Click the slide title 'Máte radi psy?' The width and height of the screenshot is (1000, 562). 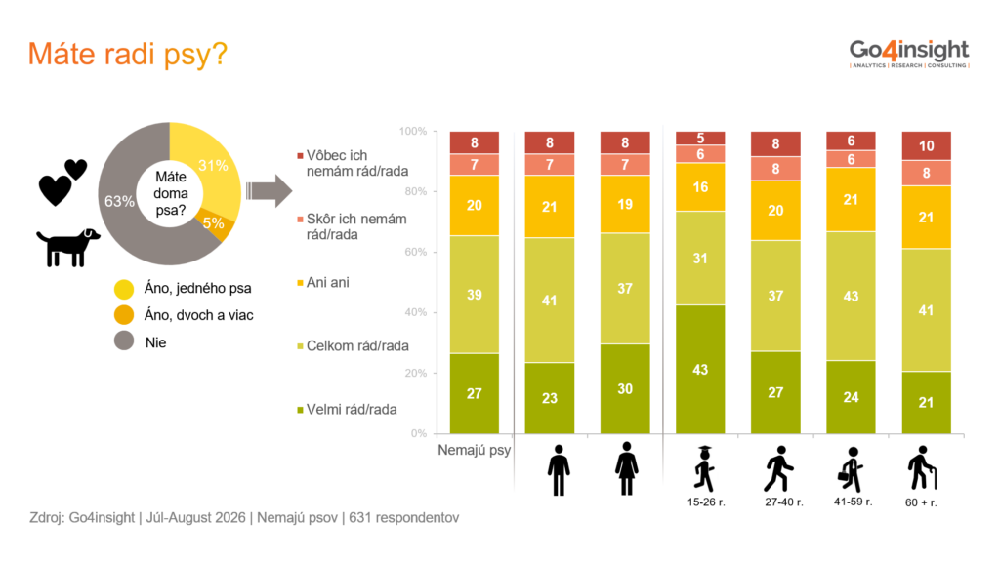(x=128, y=55)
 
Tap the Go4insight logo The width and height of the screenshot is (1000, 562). (x=909, y=53)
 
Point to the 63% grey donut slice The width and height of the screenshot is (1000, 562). (x=124, y=211)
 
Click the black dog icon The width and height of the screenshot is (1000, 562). (x=68, y=247)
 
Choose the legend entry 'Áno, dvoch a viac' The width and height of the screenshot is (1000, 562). (x=184, y=315)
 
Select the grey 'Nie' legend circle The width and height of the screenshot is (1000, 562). (x=124, y=341)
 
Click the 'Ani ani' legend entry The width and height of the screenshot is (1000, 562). (x=322, y=282)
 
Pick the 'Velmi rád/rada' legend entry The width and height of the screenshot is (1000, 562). (x=347, y=410)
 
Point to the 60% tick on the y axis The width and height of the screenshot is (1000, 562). (x=415, y=252)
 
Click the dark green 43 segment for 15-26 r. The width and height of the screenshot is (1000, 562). (x=700, y=370)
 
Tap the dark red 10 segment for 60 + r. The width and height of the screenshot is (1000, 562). (x=926, y=146)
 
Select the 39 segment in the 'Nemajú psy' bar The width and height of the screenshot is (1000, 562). (x=475, y=295)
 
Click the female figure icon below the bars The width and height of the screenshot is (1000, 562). (x=626, y=468)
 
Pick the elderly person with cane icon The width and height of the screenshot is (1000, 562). (x=922, y=468)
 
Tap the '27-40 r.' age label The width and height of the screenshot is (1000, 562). (x=784, y=502)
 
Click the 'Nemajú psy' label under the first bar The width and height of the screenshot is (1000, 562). (x=474, y=450)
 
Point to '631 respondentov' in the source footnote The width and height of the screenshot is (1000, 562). (x=403, y=517)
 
